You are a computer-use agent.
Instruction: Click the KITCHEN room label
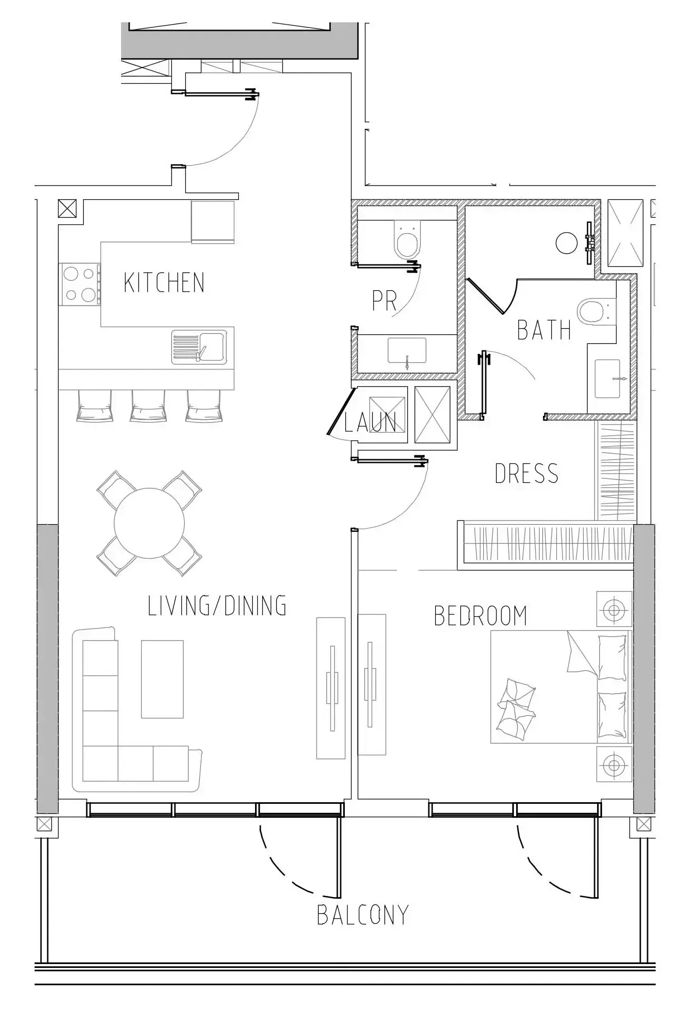[x=164, y=282]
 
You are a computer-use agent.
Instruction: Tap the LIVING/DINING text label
[x=217, y=606]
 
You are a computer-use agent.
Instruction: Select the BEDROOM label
[x=480, y=616]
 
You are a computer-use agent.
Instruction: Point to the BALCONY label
[x=363, y=915]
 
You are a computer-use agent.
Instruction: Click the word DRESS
[x=526, y=473]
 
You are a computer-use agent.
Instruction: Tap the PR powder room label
[x=384, y=301]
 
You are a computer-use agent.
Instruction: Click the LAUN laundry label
[x=370, y=423]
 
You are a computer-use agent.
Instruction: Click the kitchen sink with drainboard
[x=199, y=347]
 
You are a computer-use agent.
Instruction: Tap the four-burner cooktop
[x=80, y=285]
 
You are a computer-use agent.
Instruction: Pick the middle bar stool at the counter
[x=148, y=406]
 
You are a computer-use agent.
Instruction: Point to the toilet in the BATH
[x=596, y=311]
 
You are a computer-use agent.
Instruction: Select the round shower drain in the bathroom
[x=567, y=243]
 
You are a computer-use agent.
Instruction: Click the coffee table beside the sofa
[x=162, y=679]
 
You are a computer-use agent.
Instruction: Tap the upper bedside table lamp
[x=614, y=609]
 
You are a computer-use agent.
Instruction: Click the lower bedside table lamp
[x=614, y=764]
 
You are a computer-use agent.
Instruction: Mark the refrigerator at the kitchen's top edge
[x=213, y=222]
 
